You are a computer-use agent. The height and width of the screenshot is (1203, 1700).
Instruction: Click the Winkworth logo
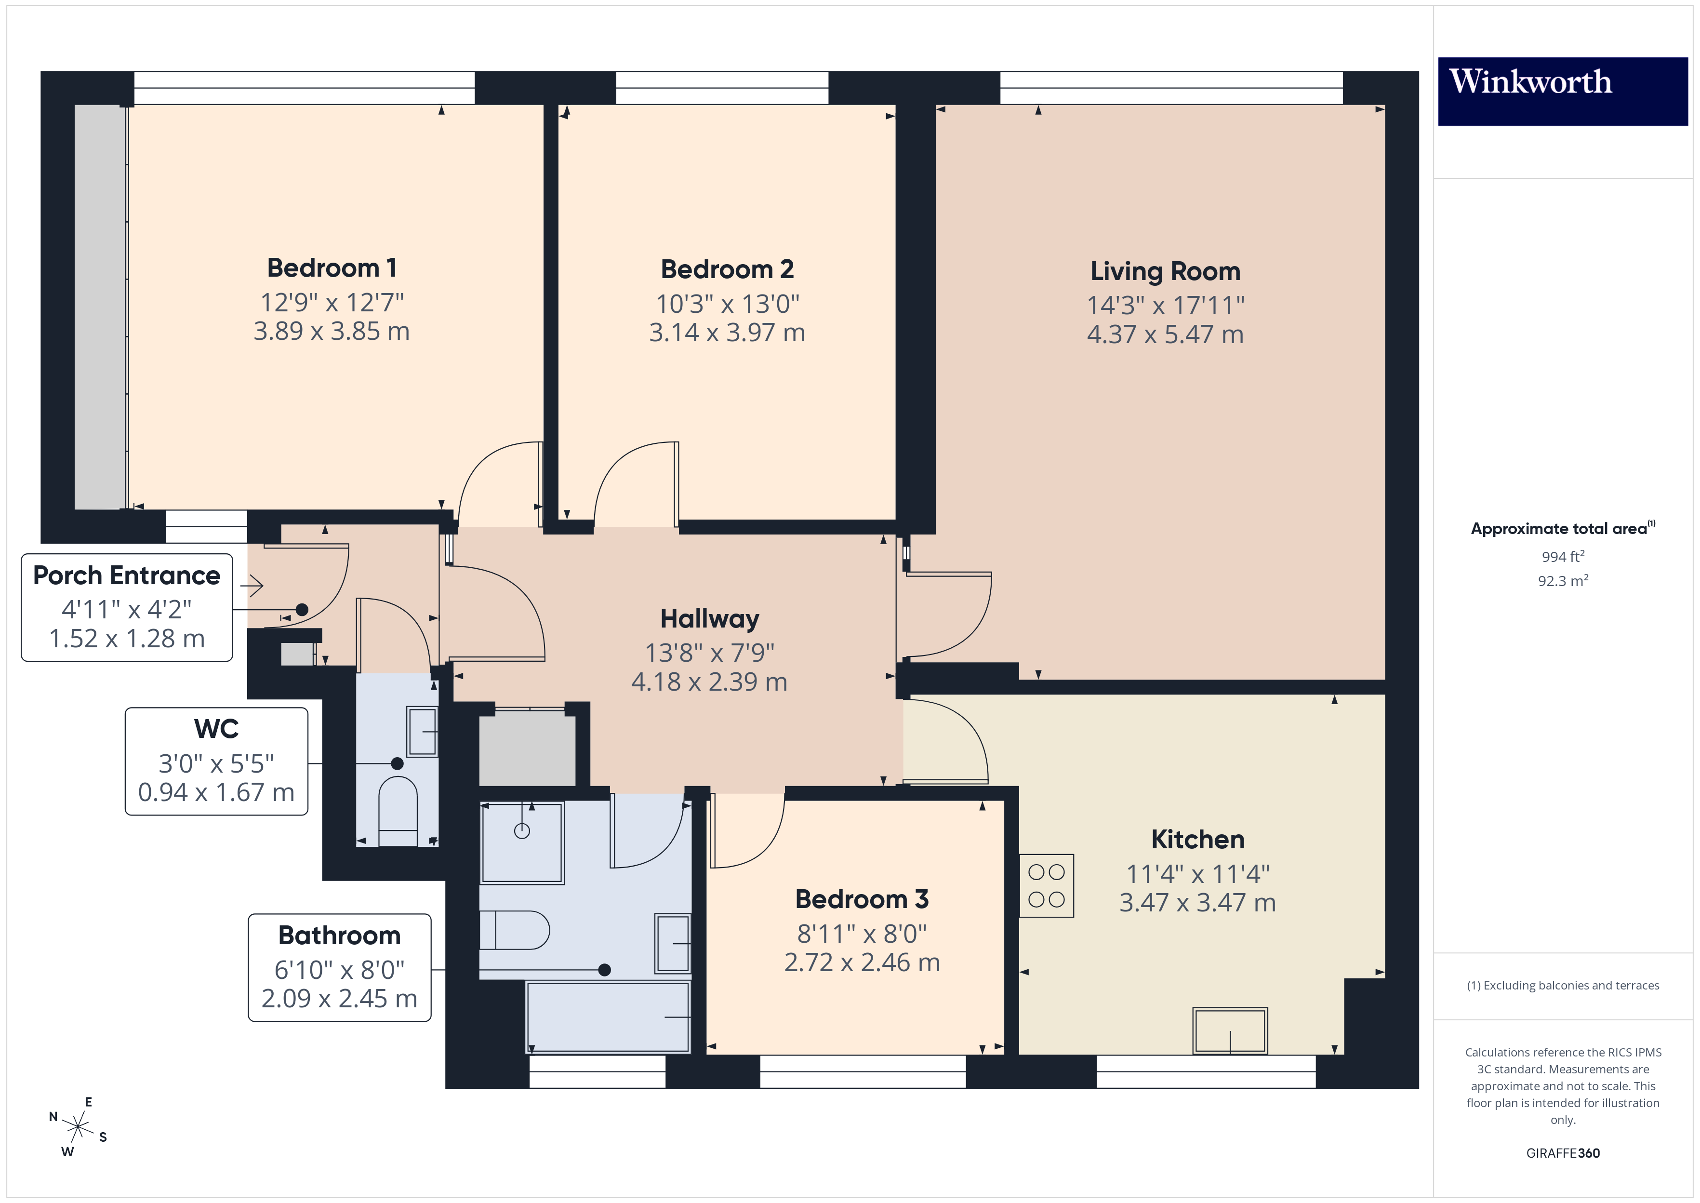pos(1562,91)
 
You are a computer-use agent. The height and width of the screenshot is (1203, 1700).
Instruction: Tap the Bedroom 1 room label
pos(332,267)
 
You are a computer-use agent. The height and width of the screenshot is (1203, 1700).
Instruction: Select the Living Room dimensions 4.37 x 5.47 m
pos(1165,334)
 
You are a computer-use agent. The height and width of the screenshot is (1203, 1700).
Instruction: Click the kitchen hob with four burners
pos(1046,886)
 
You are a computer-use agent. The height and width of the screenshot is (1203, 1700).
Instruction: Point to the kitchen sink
pos(1230,1030)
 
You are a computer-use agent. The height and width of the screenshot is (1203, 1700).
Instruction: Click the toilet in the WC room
pos(398,810)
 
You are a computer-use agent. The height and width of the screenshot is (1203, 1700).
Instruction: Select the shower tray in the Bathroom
pos(522,842)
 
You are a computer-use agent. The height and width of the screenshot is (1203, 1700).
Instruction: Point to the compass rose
pos(77,1127)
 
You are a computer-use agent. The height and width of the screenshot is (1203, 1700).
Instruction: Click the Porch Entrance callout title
pos(127,575)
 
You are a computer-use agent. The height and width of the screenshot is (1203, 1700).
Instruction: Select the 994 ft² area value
pos(1562,556)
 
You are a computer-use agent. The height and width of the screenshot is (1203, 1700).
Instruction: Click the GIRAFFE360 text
pos(1562,1153)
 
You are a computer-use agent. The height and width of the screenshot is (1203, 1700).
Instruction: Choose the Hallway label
pos(709,618)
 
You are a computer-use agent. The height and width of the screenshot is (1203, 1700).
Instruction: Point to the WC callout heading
pos(216,729)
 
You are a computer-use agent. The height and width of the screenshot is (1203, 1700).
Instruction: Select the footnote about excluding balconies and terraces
pos(1562,985)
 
